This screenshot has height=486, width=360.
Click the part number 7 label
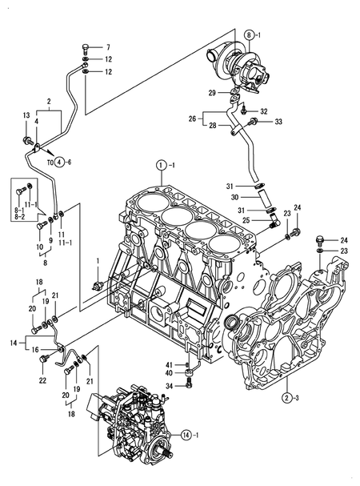click(x=108, y=47)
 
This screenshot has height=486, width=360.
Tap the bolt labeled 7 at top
click(x=86, y=48)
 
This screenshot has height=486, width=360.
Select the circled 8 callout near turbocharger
click(x=250, y=35)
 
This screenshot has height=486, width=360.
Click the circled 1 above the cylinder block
click(x=161, y=165)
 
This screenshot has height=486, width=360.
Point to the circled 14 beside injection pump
click(x=186, y=436)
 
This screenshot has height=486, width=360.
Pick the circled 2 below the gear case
click(x=287, y=398)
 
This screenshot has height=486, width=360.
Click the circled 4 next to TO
click(x=60, y=162)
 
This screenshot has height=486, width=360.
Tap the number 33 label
click(x=278, y=122)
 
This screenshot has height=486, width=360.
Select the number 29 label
click(x=212, y=93)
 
